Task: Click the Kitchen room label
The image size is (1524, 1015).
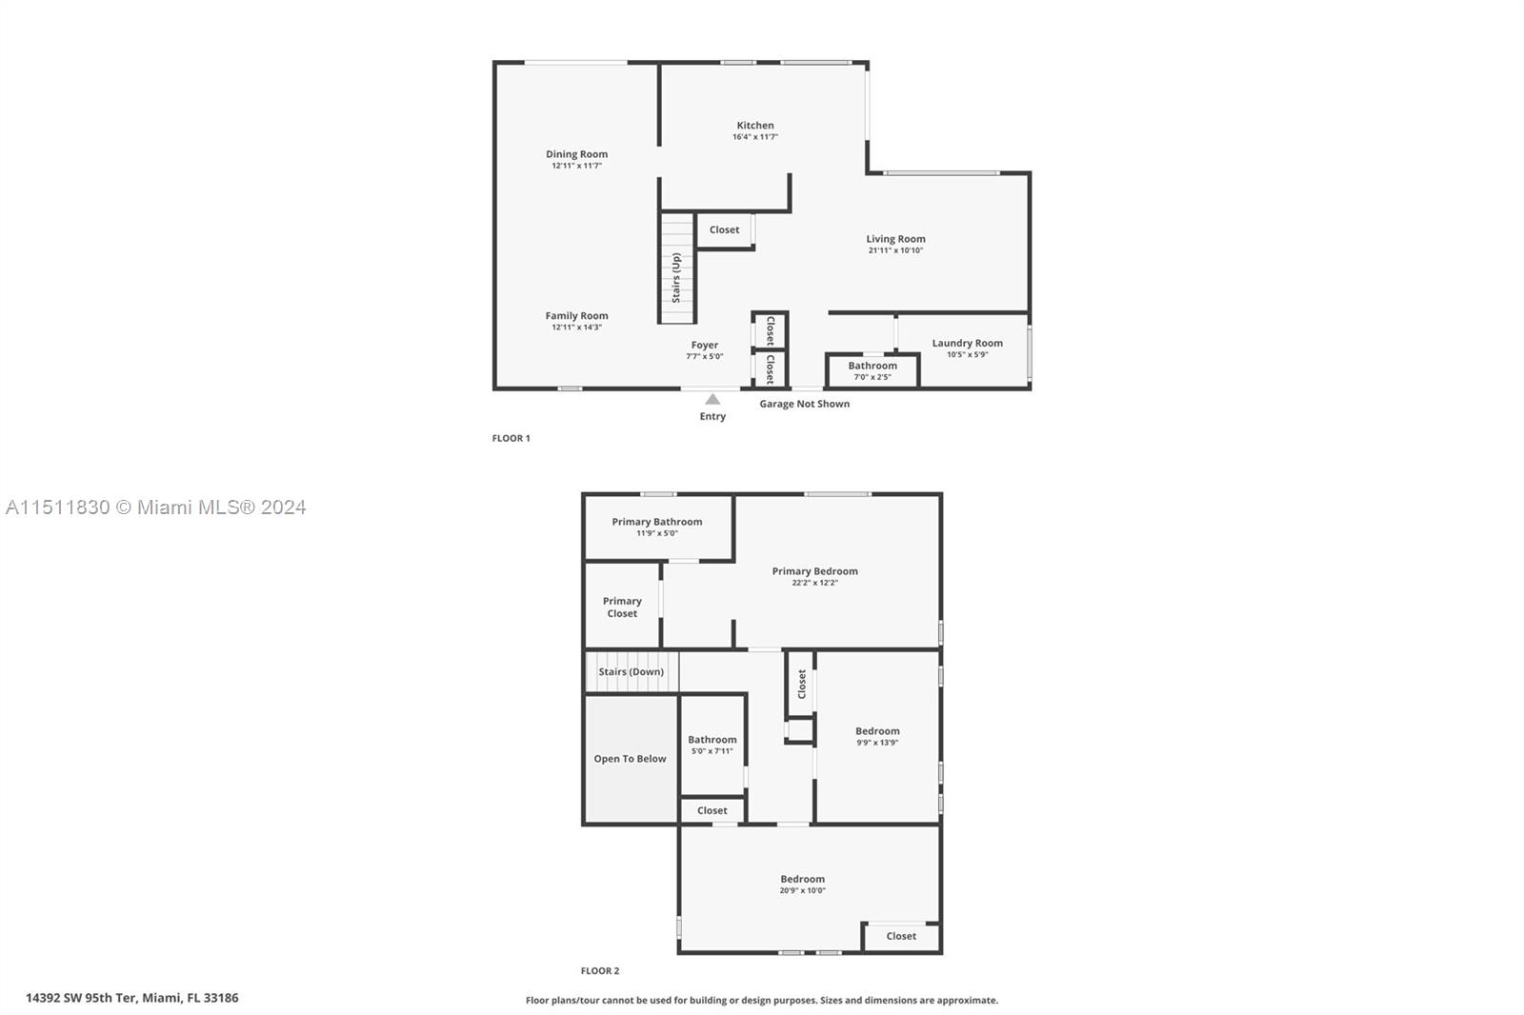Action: point(754,126)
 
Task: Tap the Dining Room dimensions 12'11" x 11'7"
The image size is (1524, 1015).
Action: point(576,166)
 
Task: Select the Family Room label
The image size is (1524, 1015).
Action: point(576,316)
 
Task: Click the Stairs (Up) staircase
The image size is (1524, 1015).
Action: point(677,269)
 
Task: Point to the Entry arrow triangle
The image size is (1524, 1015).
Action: point(712,400)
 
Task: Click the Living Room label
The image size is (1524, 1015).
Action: point(895,239)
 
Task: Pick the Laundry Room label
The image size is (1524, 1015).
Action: point(967,343)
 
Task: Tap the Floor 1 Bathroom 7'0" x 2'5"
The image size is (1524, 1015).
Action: point(872,370)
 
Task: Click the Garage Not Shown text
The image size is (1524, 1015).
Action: point(804,404)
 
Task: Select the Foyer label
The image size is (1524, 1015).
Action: point(704,345)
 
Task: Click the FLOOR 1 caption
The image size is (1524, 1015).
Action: point(511,438)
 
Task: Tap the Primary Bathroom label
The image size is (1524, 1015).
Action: point(656,522)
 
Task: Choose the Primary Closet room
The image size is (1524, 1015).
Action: point(622,607)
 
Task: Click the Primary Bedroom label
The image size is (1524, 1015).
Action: point(814,571)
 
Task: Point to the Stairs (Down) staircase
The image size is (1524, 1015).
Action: point(631,671)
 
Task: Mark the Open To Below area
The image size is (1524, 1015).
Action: point(630,759)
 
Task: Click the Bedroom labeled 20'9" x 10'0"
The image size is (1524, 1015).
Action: point(802,884)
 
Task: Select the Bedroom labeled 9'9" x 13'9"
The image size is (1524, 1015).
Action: point(876,736)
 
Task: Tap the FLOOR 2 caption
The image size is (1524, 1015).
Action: point(600,971)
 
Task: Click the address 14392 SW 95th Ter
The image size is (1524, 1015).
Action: point(131,998)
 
